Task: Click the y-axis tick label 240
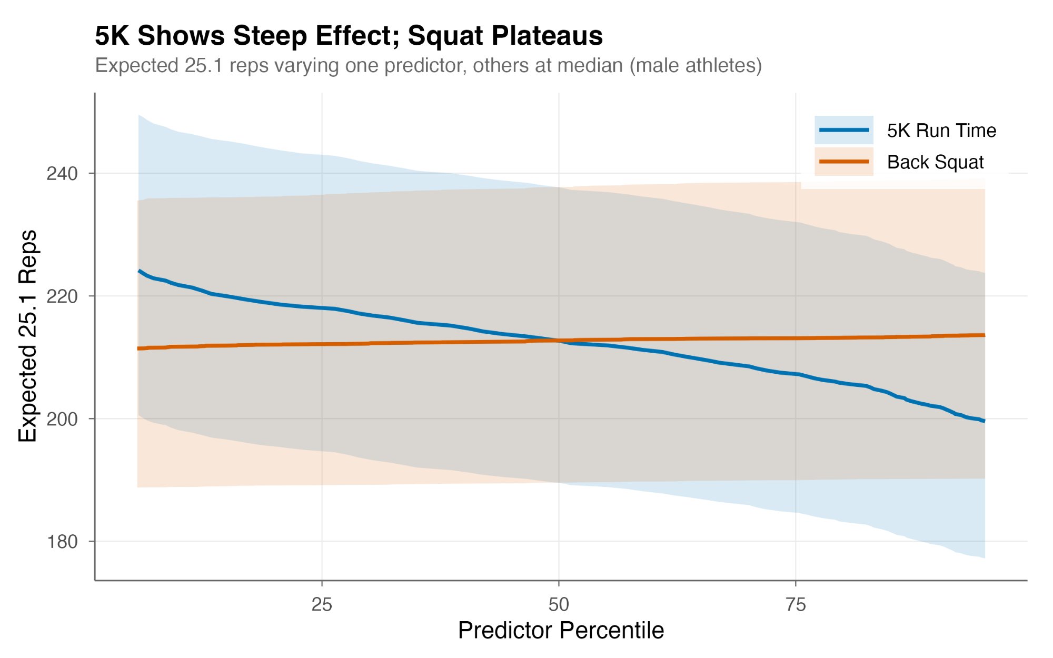coord(62,174)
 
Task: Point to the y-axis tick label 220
coord(62,296)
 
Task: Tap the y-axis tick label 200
coord(62,419)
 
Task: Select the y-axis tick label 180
coord(62,542)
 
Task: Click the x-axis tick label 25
coord(322,605)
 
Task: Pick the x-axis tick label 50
coord(559,605)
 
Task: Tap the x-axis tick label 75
coord(796,605)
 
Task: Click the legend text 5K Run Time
coord(941,131)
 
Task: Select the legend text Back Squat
coord(935,162)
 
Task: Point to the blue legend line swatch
coord(844,130)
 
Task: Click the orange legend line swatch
coord(844,162)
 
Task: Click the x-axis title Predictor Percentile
coord(561,631)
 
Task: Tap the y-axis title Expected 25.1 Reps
coord(27,336)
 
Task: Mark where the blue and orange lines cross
coord(559,341)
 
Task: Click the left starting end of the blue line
coord(139,271)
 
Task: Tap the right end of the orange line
coord(984,335)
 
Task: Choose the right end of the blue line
coord(984,421)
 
